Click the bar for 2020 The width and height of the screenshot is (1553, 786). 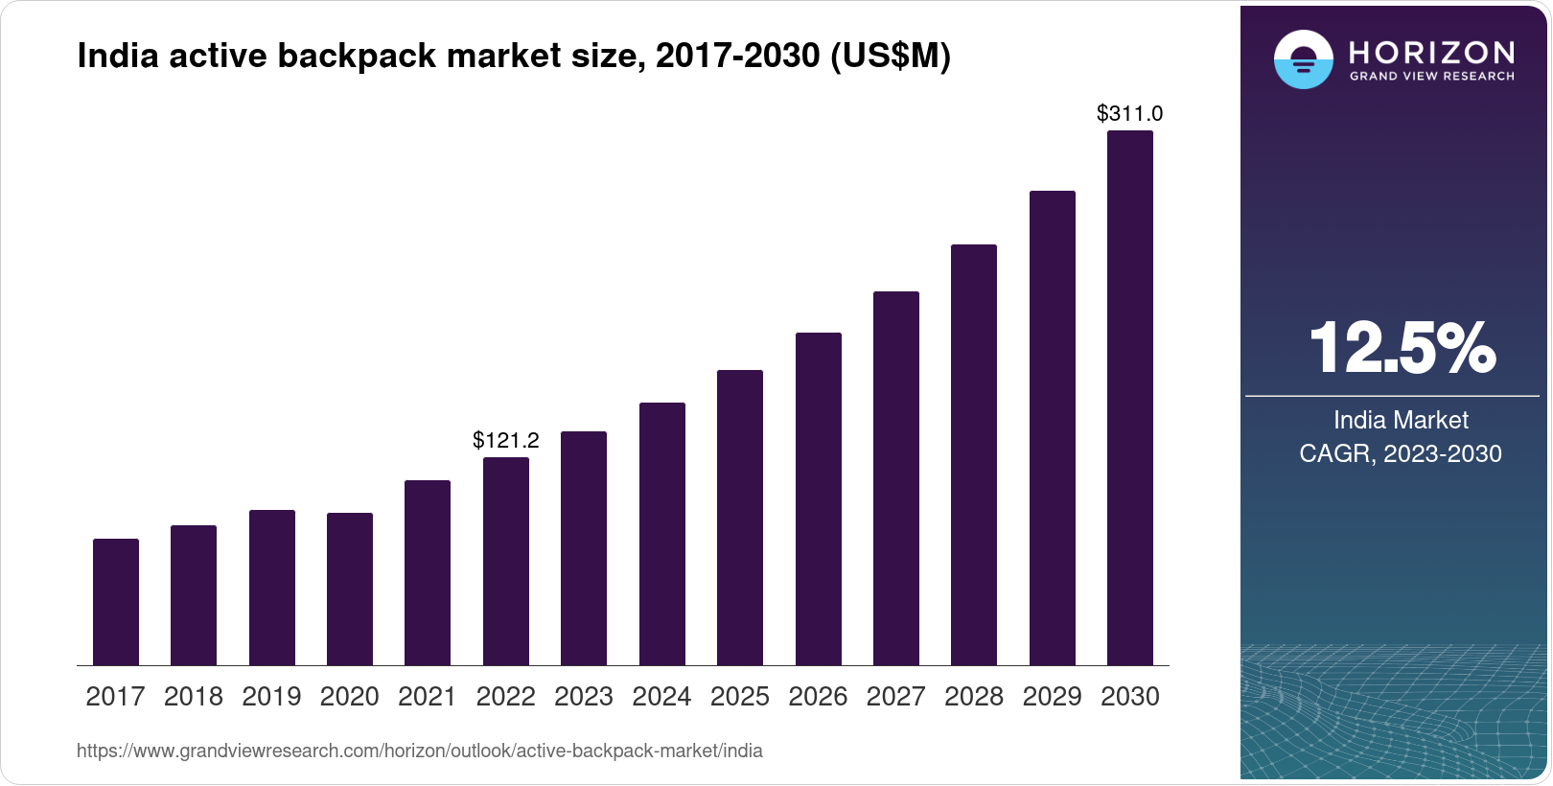pos(350,589)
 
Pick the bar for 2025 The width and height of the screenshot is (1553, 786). pos(740,518)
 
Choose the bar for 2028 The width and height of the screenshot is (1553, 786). pos(974,454)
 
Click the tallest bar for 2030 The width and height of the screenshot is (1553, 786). pos(1130,398)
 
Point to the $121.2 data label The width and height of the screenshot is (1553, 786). pos(506,441)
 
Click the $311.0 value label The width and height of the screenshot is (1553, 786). pos(1130,114)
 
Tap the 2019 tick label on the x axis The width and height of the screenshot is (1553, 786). pos(271,697)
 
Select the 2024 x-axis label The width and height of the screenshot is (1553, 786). pos(661,697)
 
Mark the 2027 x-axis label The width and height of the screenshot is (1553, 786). pos(896,697)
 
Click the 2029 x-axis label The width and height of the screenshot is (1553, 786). pos(1052,697)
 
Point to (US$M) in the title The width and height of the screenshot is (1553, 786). pos(890,57)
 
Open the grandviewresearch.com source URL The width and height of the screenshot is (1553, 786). pos(420,751)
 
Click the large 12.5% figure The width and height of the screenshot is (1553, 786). pos(1402,348)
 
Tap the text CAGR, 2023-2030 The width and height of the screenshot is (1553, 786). pos(1401,453)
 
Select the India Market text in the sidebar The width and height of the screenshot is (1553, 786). pos(1401,420)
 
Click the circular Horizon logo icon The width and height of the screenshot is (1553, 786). pos(1303,59)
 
